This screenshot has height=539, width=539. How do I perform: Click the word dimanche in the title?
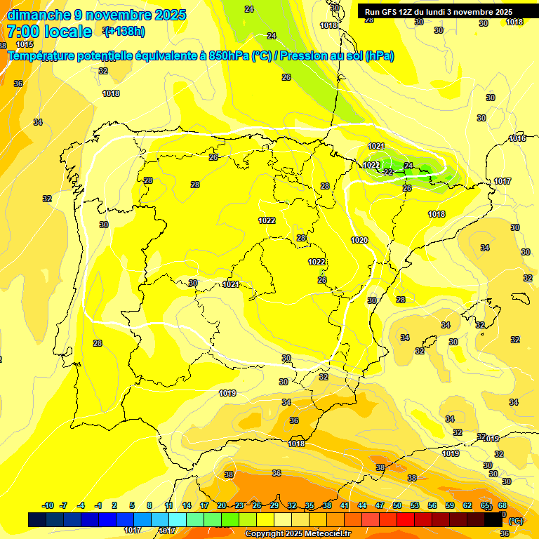tap(38, 15)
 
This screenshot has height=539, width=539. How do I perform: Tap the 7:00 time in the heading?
tap(23, 32)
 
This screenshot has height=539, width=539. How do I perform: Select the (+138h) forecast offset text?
tap(124, 31)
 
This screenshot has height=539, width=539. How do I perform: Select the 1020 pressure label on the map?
tap(359, 240)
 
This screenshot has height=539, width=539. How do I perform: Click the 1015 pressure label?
tap(25, 44)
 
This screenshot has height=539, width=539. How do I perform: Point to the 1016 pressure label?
tap(517, 138)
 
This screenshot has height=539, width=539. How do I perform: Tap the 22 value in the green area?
tap(388, 172)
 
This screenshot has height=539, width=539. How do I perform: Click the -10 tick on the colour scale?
tap(48, 505)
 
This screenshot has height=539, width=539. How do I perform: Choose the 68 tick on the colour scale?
tap(503, 505)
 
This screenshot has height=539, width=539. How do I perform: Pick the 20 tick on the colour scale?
tap(221, 505)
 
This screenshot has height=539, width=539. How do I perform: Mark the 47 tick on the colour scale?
tap(380, 505)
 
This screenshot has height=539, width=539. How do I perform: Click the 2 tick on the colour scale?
tap(115, 505)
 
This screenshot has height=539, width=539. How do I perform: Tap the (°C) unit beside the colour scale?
tap(516, 521)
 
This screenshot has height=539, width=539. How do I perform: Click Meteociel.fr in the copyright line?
tap(327, 534)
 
